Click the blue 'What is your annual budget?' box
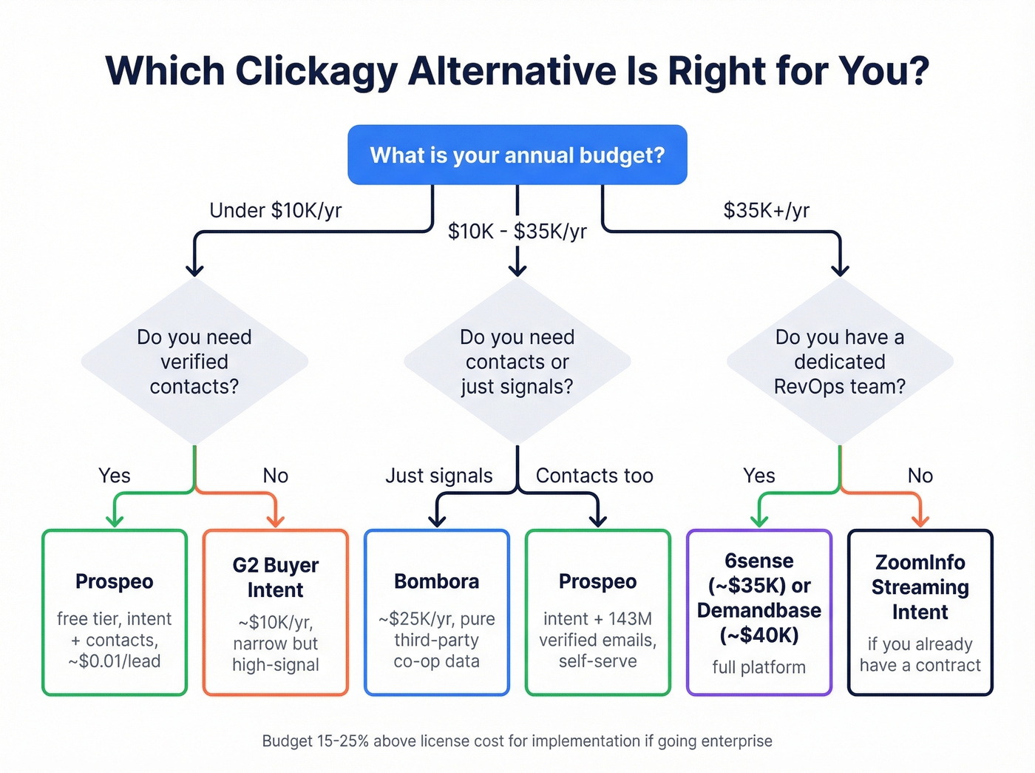517,155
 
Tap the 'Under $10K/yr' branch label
275,211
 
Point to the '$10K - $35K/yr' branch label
517,232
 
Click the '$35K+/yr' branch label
766,211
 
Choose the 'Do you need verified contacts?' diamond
194,362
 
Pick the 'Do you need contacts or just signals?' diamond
517,362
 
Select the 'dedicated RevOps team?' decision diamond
840,362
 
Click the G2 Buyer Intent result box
275,612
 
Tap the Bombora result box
436,612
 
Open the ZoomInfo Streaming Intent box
920,612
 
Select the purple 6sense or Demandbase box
759,612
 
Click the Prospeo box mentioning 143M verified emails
597,612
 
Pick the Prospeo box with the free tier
115,612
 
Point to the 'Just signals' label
438,476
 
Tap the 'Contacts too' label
594,476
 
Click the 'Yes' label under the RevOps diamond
759,476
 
